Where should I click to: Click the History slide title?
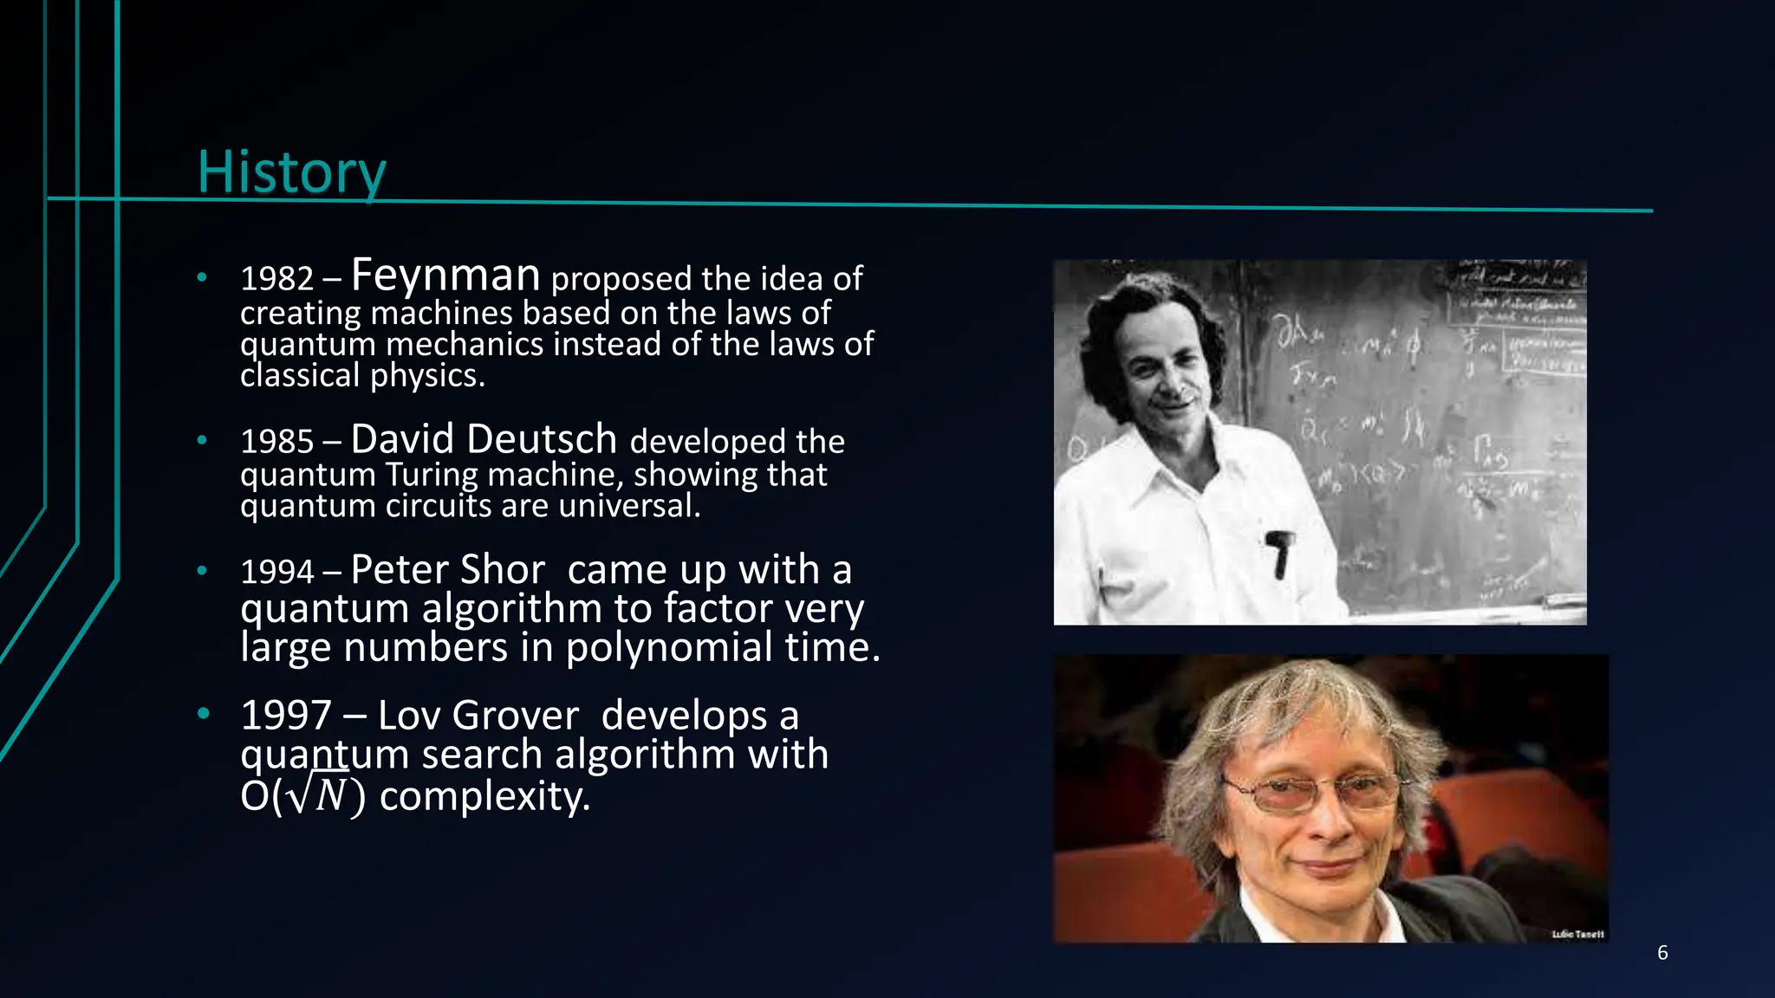tap(291, 172)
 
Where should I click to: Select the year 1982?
tap(276, 279)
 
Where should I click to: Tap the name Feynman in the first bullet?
tap(445, 275)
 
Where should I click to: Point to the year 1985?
tap(276, 442)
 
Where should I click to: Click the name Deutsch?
tap(542, 439)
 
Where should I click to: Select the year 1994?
tap(276, 572)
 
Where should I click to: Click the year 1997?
tap(286, 716)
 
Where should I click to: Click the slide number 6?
tap(1661, 953)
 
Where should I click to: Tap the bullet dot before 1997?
tap(203, 714)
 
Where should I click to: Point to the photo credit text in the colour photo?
tap(1577, 934)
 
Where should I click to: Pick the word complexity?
tap(484, 795)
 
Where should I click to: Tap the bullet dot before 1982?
tap(202, 278)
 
